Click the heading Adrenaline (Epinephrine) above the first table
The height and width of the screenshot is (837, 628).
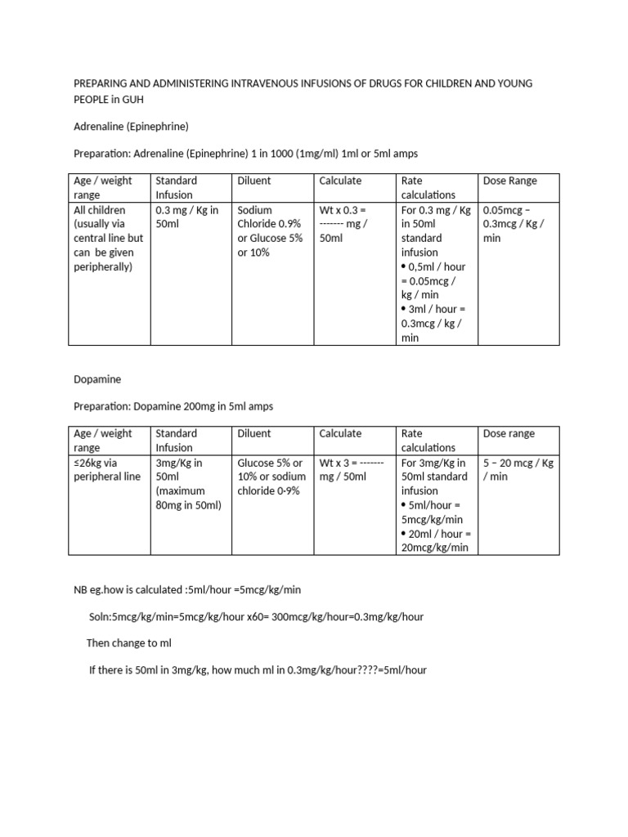[131, 126]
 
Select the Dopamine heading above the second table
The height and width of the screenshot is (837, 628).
[98, 379]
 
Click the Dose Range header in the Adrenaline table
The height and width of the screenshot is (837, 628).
[510, 181]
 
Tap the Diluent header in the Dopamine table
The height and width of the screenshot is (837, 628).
[254, 433]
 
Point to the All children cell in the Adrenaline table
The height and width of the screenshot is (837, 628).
[108, 238]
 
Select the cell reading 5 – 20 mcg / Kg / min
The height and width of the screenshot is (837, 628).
[518, 469]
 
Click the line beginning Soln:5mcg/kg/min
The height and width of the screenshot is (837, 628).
[256, 616]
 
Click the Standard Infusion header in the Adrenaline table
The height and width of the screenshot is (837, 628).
[176, 187]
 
